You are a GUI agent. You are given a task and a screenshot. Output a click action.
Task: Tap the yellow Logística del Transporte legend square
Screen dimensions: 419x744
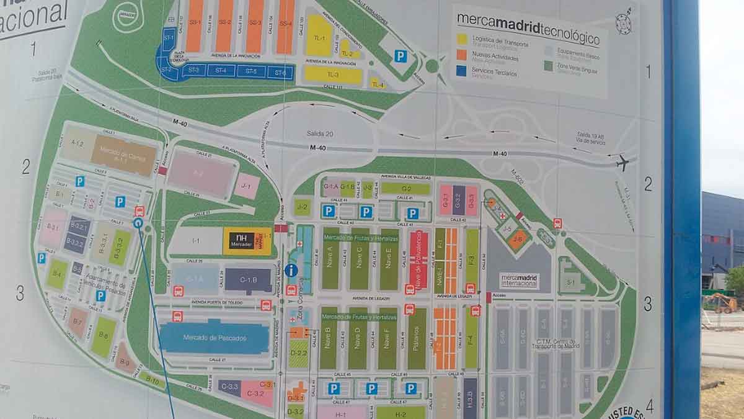pos(463,39)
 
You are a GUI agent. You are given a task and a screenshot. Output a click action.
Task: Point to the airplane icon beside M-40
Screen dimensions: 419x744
pos(622,163)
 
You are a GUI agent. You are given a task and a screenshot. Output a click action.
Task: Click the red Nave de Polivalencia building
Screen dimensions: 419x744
pos(418,259)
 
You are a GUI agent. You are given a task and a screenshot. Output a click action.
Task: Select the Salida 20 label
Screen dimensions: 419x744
pos(320,134)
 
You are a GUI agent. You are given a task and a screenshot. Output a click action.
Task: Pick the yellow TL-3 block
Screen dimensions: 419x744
pos(333,74)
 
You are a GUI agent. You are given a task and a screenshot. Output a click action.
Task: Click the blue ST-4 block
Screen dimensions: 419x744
pos(221,71)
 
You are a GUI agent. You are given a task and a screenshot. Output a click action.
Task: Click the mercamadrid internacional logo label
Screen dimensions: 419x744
pos(519,281)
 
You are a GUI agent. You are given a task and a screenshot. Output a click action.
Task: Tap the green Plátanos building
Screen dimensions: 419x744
pos(417,338)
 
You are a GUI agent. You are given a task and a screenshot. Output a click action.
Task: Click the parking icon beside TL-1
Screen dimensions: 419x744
pos(401,56)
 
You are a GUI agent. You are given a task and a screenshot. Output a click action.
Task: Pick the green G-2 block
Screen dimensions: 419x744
pos(405,189)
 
